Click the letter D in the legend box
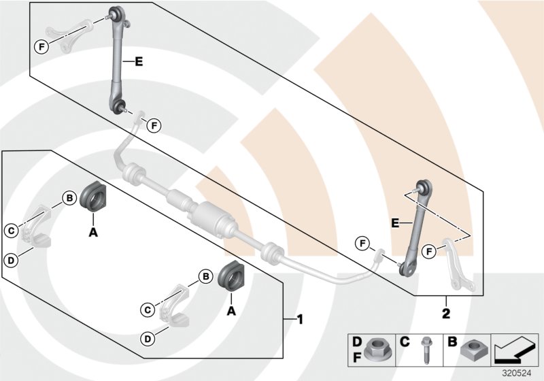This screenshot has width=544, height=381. pos(357,339)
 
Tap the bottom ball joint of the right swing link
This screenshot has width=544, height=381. pos(407,269)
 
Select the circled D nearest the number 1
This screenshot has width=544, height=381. pos(147,338)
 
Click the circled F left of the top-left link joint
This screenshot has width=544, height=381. pos(42,46)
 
